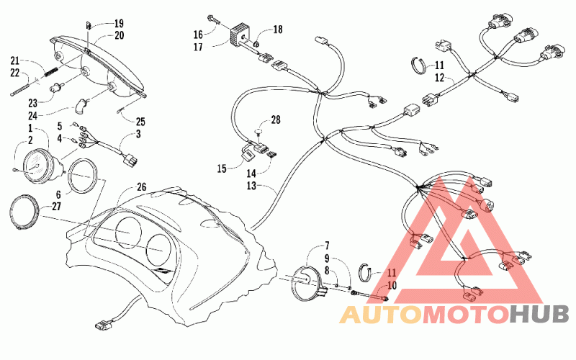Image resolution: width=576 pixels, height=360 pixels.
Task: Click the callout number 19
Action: coord(119,24)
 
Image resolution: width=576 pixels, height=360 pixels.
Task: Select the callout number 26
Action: coord(141,187)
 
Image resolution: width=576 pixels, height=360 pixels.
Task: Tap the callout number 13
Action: coord(251,186)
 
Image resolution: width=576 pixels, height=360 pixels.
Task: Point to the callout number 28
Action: coord(276,120)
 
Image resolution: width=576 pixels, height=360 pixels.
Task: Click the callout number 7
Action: coord(327,246)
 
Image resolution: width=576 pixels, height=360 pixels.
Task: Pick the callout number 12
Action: coord(439,78)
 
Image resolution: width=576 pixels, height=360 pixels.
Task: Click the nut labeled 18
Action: coord(257,45)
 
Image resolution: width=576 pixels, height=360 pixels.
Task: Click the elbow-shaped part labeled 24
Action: coord(81,104)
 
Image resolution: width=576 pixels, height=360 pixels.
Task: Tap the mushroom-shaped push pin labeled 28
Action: coord(259,132)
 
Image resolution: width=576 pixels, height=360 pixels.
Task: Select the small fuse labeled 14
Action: coord(272,155)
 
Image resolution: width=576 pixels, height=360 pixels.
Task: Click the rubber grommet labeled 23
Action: coord(56,88)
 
